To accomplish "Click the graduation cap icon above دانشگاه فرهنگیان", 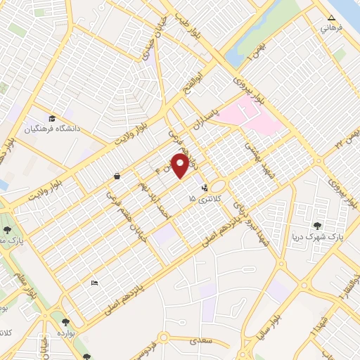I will point(52,118).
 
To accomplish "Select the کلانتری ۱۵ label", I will point(203,200).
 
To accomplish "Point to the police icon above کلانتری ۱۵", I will point(205,188).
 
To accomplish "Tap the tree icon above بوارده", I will point(66,321).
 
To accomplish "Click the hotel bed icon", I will point(95,283).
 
